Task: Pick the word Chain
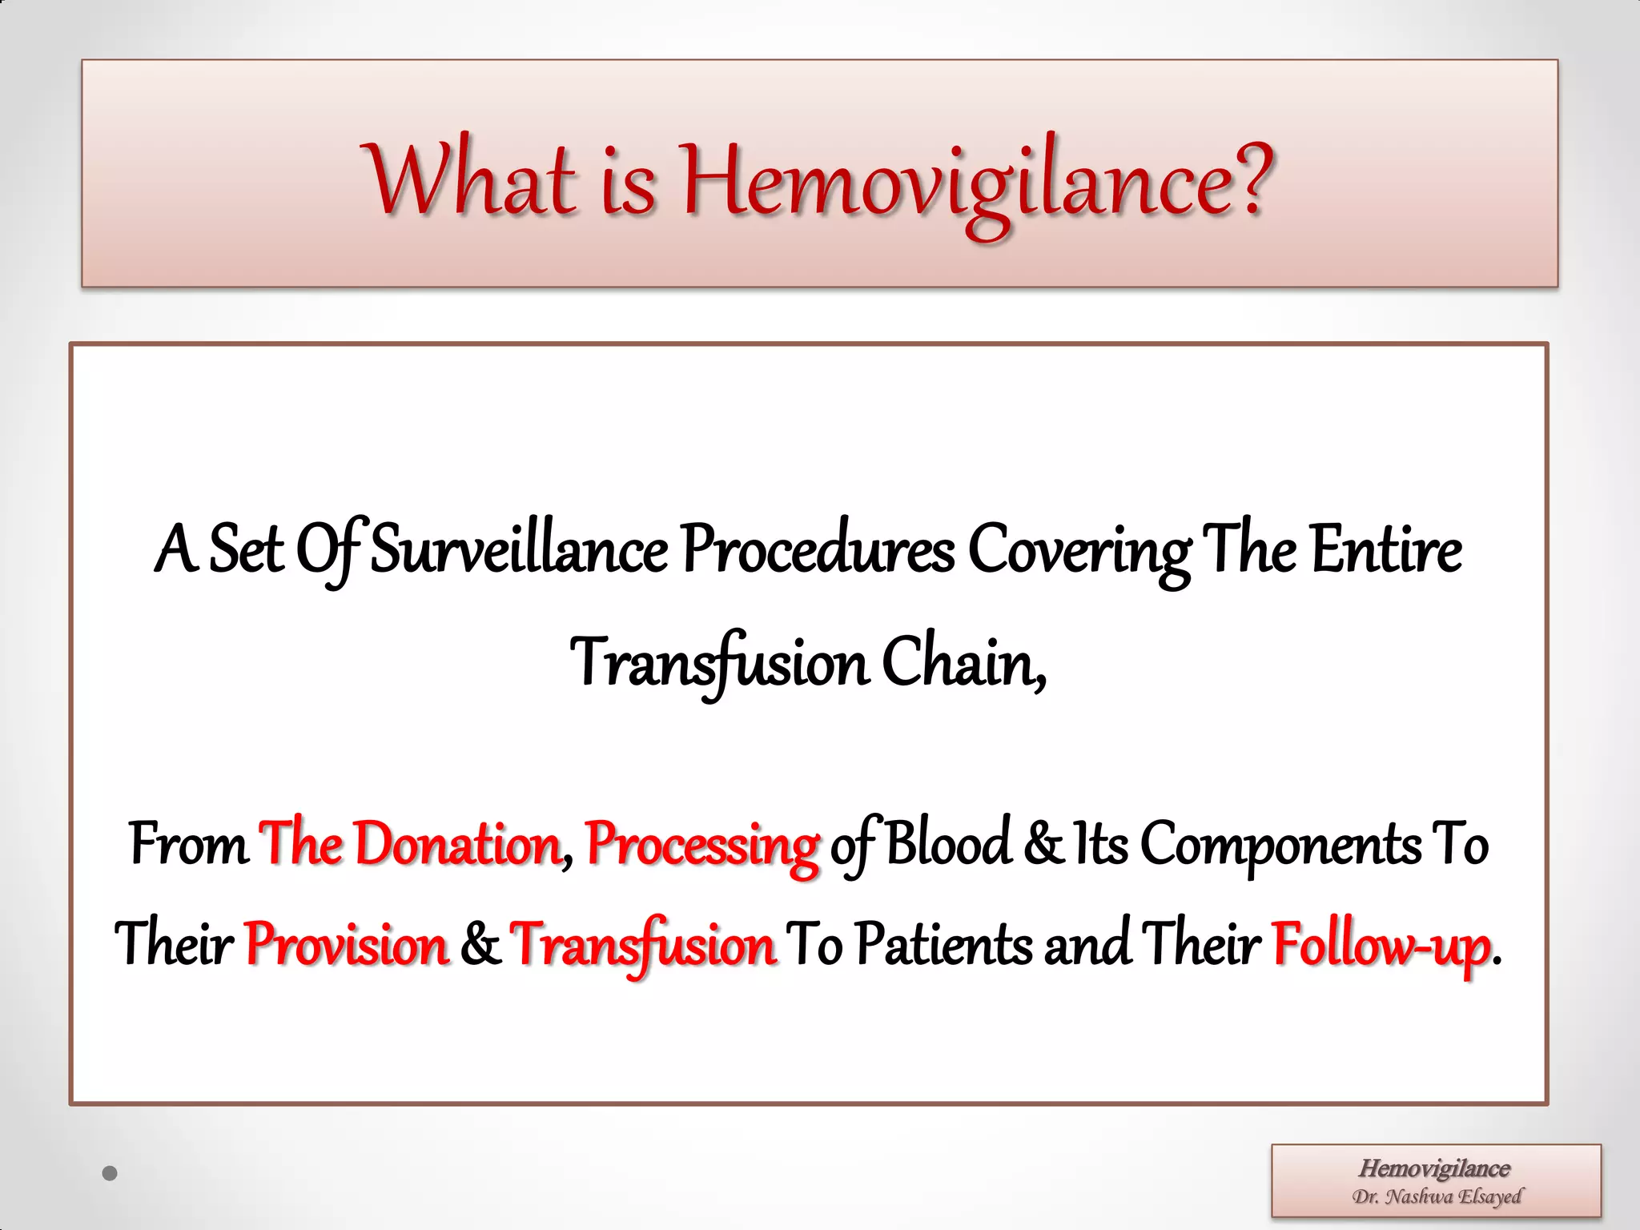pyautogui.click(x=963, y=663)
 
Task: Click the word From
pyautogui.click(x=189, y=844)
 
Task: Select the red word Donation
pyautogui.click(x=457, y=844)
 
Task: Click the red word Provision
pyautogui.click(x=347, y=943)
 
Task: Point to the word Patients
pyautogui.click(x=944, y=943)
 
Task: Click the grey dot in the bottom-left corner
pyautogui.click(x=111, y=1173)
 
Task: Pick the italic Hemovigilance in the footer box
pyautogui.click(x=1434, y=1168)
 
